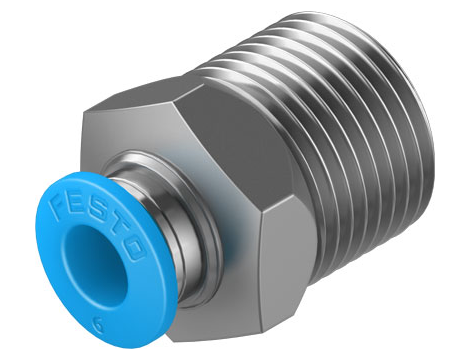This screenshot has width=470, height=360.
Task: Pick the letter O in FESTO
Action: coord(135,249)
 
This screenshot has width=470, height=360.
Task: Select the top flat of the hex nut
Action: coord(140,97)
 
